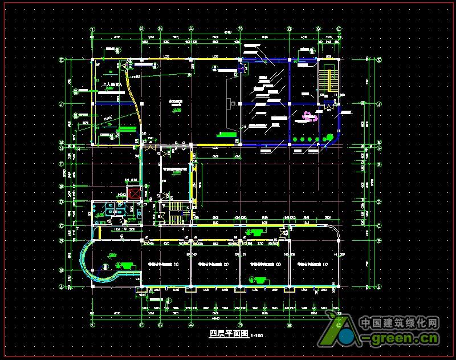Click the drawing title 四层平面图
pos(226,334)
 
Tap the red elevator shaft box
pos(134,193)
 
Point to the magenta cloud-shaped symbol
pos(310,116)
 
